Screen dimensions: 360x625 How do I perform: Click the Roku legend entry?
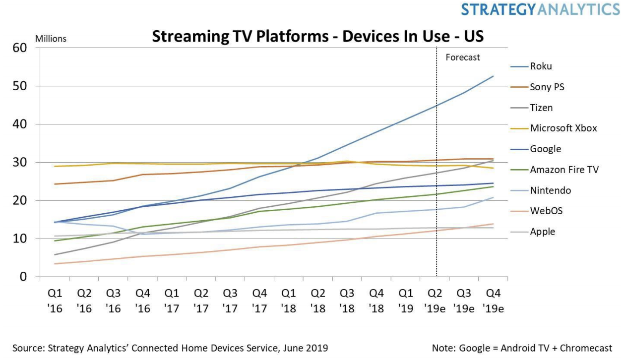[540, 66]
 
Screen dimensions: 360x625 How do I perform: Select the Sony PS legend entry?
[547, 87]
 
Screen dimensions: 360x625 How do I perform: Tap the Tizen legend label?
[541, 108]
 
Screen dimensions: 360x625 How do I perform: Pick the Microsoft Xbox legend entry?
[563, 128]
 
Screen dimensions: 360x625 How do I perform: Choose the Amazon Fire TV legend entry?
[564, 170]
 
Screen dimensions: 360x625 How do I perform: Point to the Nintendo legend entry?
[550, 190]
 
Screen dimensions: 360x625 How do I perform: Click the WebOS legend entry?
[546, 211]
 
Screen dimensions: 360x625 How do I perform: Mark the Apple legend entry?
[542, 232]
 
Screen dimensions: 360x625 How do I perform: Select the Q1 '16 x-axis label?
[56, 301]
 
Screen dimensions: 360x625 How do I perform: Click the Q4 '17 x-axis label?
[260, 301]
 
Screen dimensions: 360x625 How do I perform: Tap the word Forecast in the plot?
[462, 58]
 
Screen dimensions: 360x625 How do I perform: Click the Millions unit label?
[51, 39]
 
